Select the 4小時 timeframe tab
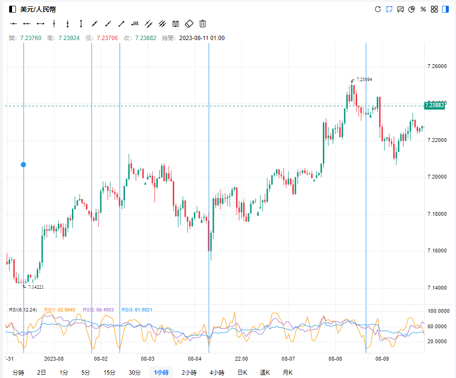point(217,372)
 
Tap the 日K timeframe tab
point(242,372)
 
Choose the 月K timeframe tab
point(288,372)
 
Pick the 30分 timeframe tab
point(134,372)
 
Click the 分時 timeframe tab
point(18,372)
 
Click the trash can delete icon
point(203,23)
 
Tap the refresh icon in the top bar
point(378,9)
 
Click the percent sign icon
point(423,9)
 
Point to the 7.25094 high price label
point(364,80)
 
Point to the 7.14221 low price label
point(36,287)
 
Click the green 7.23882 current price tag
point(434,105)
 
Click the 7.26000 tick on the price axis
point(437,66)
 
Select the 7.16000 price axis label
point(437,251)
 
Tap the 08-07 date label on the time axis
point(288,359)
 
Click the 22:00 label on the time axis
point(241,359)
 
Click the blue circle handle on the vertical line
point(23,165)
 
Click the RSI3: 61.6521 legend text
point(137,310)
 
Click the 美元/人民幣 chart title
point(38,9)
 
